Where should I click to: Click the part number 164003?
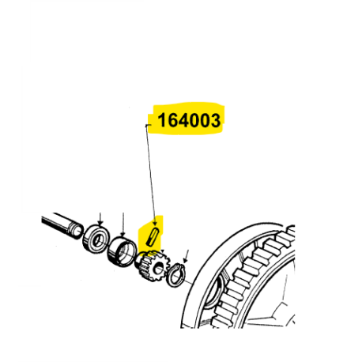pos(189,120)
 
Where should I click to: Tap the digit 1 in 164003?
pos(161,120)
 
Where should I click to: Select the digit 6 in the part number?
pos(172,120)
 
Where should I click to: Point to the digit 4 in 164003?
pos(183,120)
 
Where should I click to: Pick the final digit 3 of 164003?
pos(215,120)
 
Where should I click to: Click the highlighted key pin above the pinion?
pos(153,236)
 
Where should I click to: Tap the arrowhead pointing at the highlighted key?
pos(155,224)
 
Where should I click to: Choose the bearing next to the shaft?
pos(96,239)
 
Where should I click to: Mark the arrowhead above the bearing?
pos(100,223)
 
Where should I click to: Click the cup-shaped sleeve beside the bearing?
pos(122,251)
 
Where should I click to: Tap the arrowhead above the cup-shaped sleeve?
pos(123,234)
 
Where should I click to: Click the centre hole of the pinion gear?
pos(159,269)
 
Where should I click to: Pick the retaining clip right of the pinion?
pos(175,275)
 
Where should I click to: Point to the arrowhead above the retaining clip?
pos(185,261)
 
